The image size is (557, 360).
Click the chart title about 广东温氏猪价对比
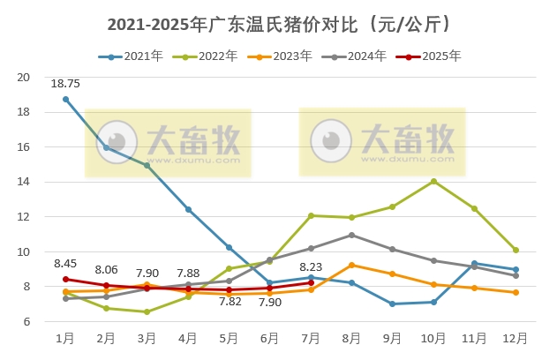pyautogui.click(x=278, y=24)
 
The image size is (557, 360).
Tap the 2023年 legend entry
pyautogui.click(x=282, y=56)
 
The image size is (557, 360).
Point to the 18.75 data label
pyautogui.click(x=65, y=84)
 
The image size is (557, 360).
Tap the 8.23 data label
pyautogui.click(x=311, y=266)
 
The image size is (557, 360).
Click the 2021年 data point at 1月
pyautogui.click(x=65, y=99)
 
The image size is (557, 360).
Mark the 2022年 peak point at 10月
pyautogui.click(x=433, y=181)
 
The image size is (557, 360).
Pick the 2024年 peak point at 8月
pyautogui.click(x=351, y=235)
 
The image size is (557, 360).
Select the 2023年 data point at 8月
pyautogui.click(x=351, y=265)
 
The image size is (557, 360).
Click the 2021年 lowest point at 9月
pyautogui.click(x=393, y=304)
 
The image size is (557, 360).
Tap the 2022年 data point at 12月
pyautogui.click(x=516, y=250)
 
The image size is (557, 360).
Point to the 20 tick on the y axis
pyautogui.click(x=25, y=78)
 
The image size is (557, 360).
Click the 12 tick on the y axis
pyautogui.click(x=25, y=217)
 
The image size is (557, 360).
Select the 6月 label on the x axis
pyautogui.click(x=270, y=338)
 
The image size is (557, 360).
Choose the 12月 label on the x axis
pyautogui.click(x=516, y=338)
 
